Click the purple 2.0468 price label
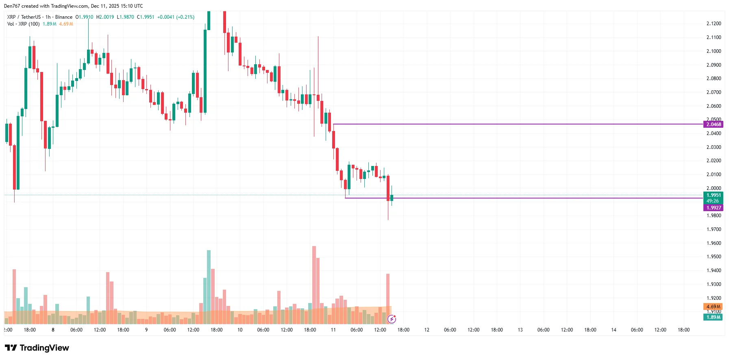[713, 124]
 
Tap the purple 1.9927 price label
[713, 208]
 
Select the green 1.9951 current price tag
[713, 195]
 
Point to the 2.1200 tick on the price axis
[714, 24]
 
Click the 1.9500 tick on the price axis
[714, 257]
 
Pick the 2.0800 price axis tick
[714, 79]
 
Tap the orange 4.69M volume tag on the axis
[713, 307]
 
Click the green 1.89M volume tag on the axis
[713, 317]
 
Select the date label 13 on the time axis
[520, 330]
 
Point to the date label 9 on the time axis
[146, 330]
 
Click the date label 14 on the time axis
[614, 330]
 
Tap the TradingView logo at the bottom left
[37, 348]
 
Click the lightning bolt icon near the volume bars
[392, 319]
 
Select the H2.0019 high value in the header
[105, 17]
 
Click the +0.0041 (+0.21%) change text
[176, 17]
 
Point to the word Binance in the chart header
[64, 17]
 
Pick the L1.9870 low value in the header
[125, 17]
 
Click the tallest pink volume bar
[314, 285]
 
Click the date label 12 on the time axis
[427, 330]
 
